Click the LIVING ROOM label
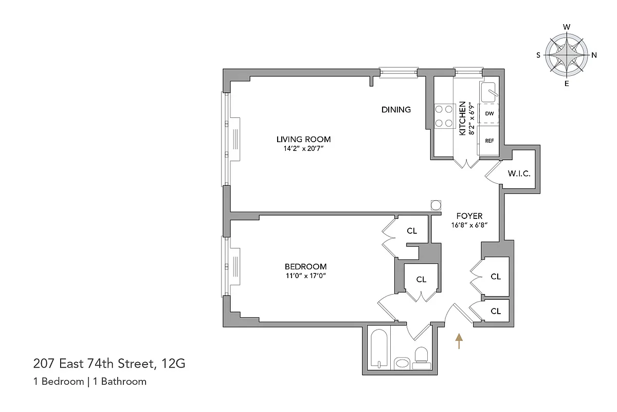303,139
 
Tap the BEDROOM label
305,266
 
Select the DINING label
396,109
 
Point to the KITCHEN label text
462,118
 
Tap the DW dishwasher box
489,113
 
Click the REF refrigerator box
489,140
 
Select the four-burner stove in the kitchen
443,116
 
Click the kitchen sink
489,92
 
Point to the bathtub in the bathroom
379,348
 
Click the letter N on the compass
594,55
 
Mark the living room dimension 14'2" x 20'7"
303,148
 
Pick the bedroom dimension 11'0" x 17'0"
305,276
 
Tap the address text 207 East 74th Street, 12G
109,365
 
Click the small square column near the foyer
436,204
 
